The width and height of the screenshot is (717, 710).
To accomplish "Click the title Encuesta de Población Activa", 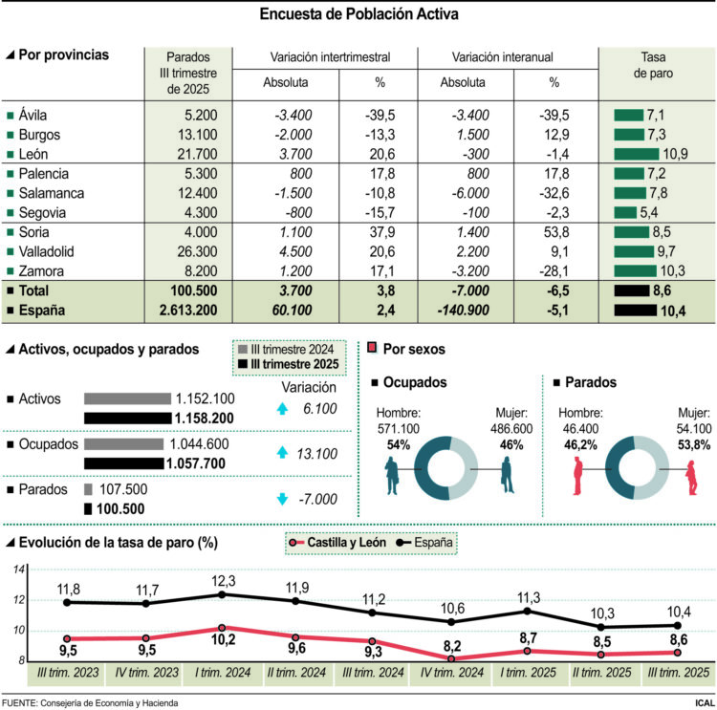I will click(x=358, y=14).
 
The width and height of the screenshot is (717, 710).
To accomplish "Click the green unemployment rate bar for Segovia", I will click(x=625, y=212).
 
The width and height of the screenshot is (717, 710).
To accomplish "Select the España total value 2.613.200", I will click(x=188, y=310).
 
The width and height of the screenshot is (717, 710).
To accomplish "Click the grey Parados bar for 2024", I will click(x=88, y=489).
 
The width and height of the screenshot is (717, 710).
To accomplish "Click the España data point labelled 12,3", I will click(x=223, y=594).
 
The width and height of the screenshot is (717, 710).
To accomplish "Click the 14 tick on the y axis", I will click(x=17, y=570).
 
